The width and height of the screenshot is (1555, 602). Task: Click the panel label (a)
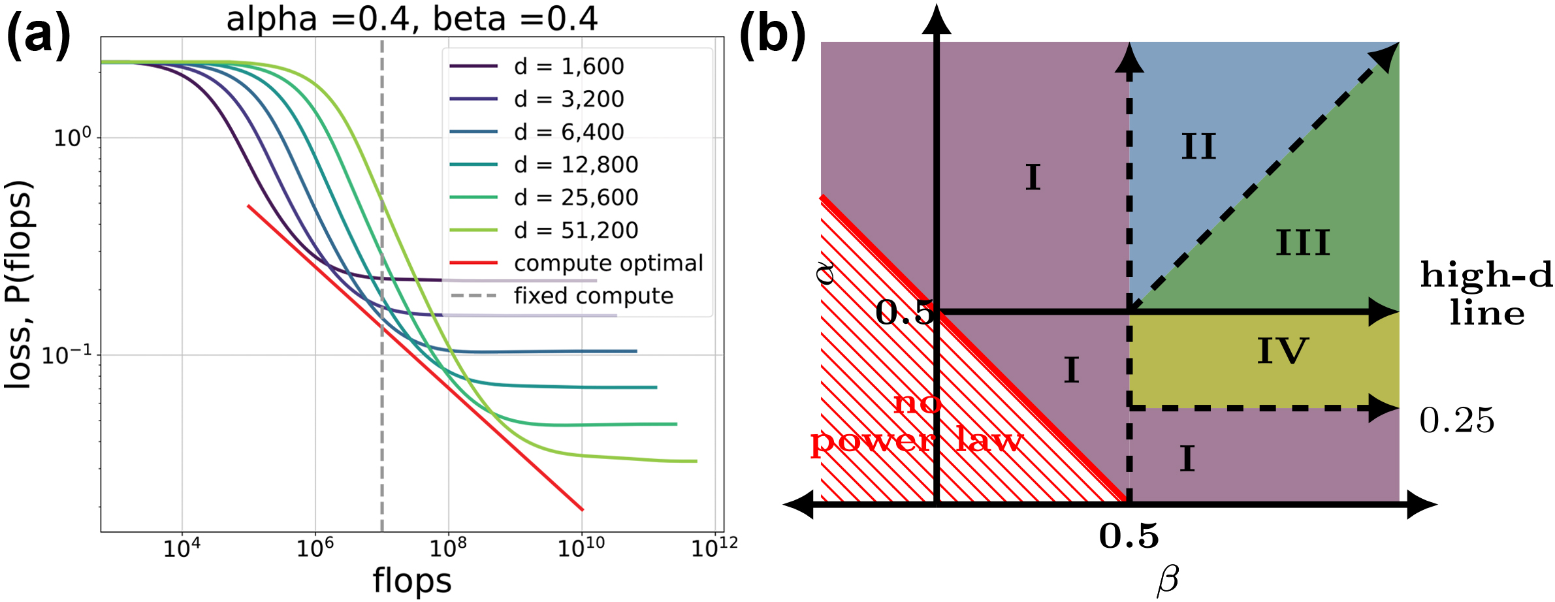[x=38, y=36]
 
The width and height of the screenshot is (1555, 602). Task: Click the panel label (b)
[x=772, y=36]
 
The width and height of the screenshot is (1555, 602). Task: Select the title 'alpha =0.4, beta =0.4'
[x=411, y=18]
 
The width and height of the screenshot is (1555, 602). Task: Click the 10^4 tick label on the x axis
[x=181, y=548]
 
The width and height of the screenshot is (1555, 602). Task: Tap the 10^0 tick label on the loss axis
[x=72, y=138]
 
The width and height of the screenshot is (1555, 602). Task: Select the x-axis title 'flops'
[x=412, y=580]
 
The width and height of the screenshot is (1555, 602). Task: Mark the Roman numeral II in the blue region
[x=1199, y=146]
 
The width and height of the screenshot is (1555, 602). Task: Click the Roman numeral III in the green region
[x=1302, y=243]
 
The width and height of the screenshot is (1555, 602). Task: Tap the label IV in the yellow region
[x=1283, y=351]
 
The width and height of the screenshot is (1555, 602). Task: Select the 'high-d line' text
[x=1486, y=294]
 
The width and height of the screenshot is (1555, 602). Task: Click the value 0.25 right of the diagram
[x=1456, y=420]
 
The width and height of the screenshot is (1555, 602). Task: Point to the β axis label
[x=1168, y=580]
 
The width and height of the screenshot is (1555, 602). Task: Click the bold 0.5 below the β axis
[x=1129, y=536]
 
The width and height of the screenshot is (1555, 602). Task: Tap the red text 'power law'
[x=916, y=441]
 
